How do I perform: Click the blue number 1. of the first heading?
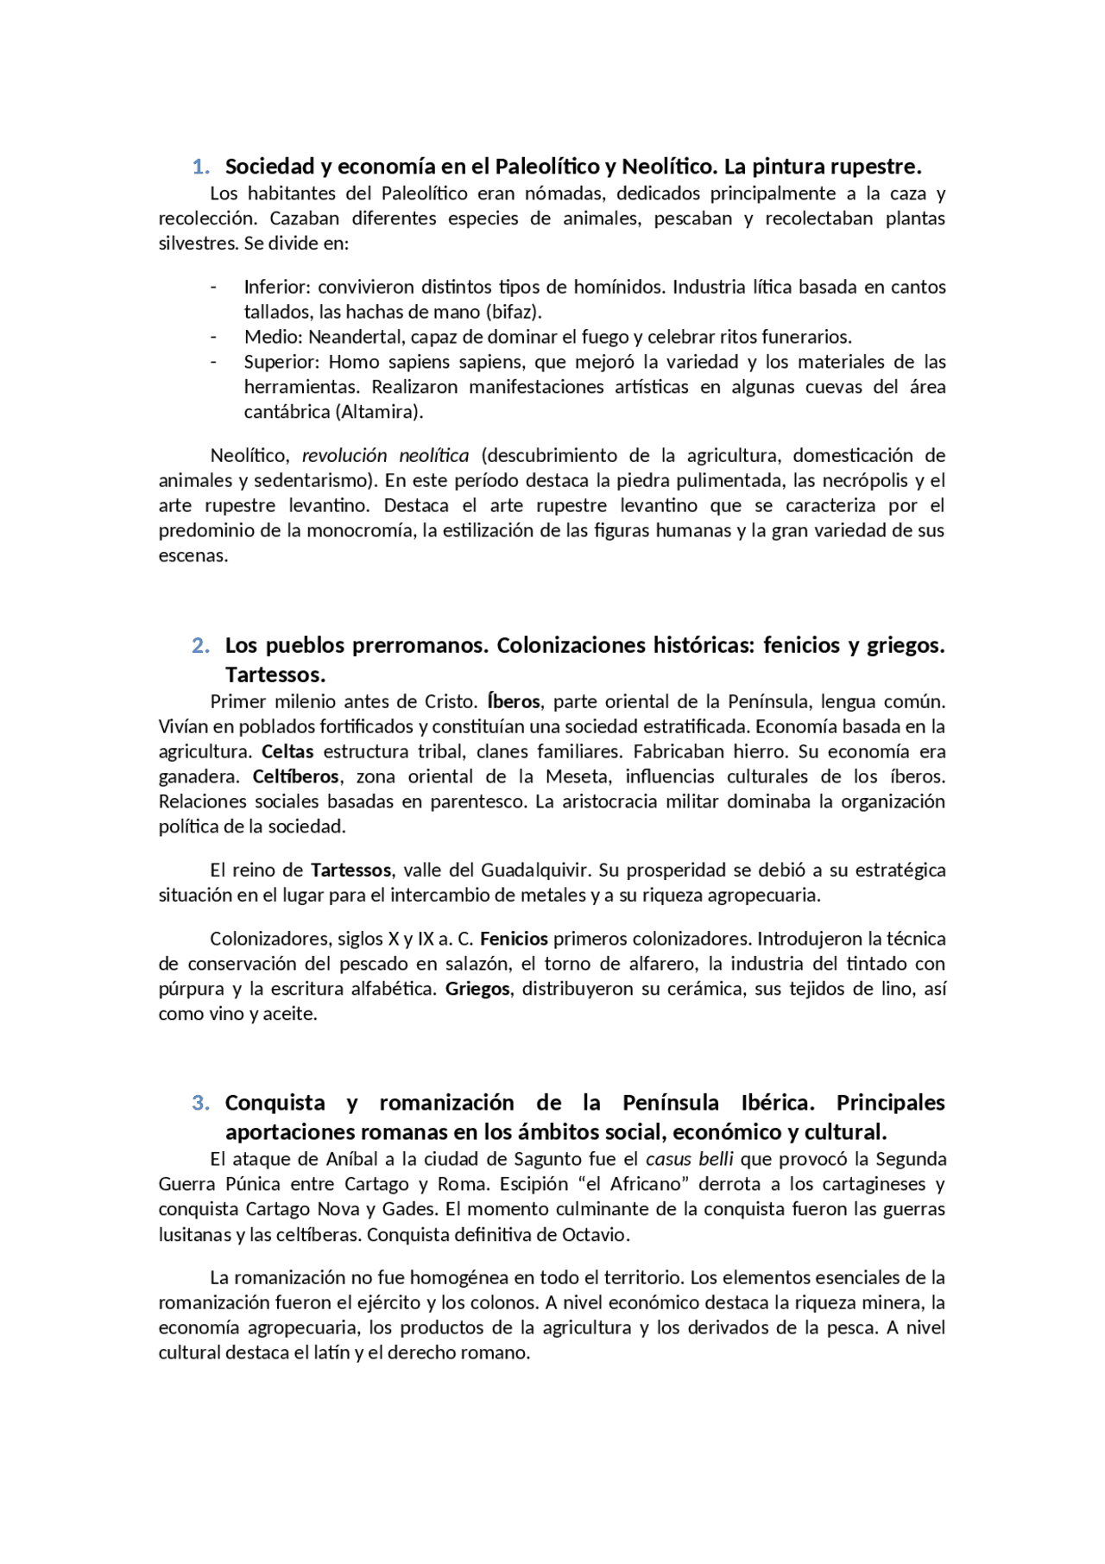[201, 166]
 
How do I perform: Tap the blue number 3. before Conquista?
[201, 1103]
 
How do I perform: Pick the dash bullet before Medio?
[213, 336]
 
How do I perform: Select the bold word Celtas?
[287, 751]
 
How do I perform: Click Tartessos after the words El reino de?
[350, 870]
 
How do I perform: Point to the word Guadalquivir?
[534, 870]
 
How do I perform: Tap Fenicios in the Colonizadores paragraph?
[514, 938]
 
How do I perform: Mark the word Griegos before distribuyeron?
[477, 988]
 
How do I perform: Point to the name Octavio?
[594, 1234]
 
